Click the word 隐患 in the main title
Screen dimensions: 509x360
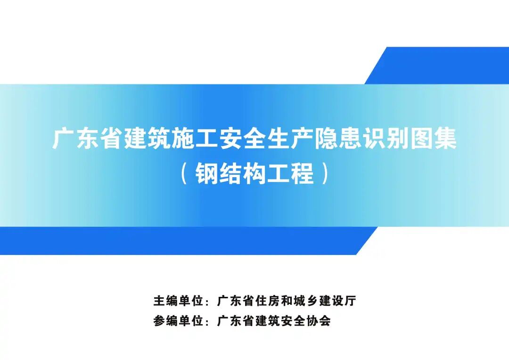[x=338, y=139]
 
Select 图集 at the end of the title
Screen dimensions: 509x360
[x=434, y=139]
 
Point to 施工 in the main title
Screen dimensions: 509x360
[x=196, y=139]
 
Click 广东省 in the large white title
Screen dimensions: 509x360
[x=88, y=139]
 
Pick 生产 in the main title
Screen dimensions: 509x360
[x=290, y=139]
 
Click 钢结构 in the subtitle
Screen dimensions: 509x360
[x=230, y=174]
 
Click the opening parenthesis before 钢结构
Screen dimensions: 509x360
[x=184, y=174]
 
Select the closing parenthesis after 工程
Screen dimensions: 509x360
[x=325, y=174]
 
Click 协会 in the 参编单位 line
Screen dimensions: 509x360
[x=319, y=321]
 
